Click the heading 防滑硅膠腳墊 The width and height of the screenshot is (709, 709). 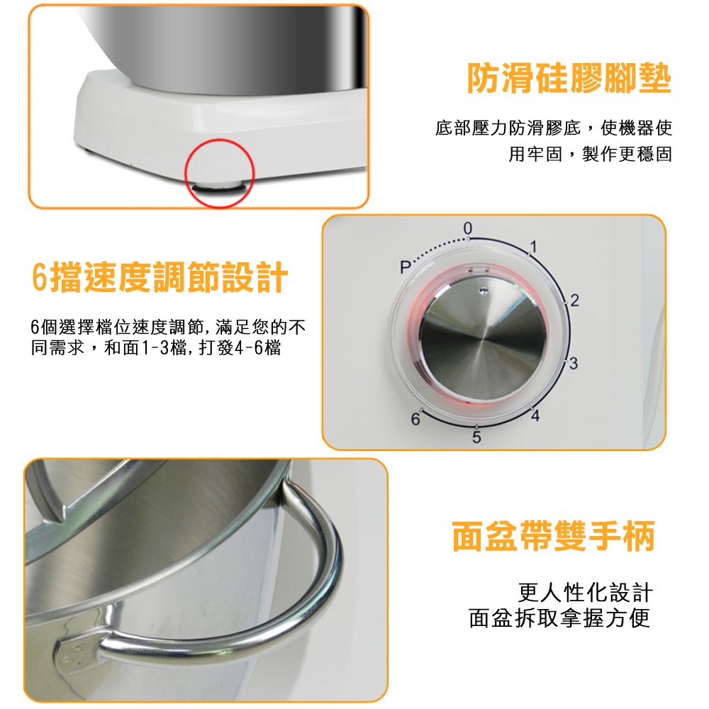(x=569, y=79)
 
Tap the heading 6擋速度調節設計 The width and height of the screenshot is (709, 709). (x=160, y=277)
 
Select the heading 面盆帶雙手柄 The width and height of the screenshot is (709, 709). (x=554, y=537)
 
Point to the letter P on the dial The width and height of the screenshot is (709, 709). (x=404, y=268)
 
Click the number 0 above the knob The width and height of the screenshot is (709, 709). (x=467, y=228)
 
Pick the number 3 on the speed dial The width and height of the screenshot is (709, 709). (x=575, y=364)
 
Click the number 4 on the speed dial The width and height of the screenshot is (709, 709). (x=535, y=416)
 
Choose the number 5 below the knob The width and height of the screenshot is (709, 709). (x=476, y=437)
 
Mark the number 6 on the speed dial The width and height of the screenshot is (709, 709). (x=415, y=420)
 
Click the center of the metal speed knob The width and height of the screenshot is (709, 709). (x=483, y=334)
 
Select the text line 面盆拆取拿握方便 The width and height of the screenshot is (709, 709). (x=559, y=618)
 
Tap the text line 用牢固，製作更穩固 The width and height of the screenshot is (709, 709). (x=590, y=154)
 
